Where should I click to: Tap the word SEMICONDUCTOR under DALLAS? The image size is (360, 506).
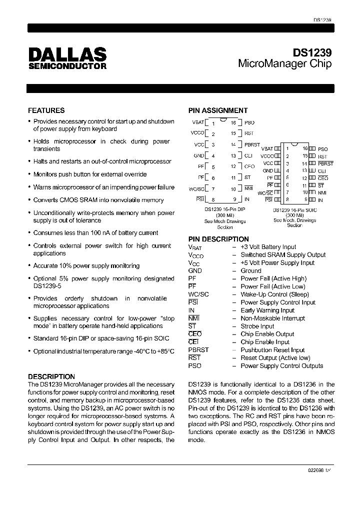click(x=67, y=65)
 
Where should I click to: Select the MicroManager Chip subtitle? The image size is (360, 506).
click(x=284, y=64)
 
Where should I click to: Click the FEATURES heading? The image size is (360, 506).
click(x=46, y=110)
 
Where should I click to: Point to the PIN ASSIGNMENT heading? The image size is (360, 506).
click(x=217, y=110)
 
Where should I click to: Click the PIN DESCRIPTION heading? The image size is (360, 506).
click(x=218, y=239)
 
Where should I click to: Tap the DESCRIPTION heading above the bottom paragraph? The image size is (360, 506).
click(x=51, y=376)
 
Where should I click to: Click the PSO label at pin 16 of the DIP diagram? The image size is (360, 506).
click(x=249, y=122)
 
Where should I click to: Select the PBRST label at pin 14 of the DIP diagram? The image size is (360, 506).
click(x=252, y=144)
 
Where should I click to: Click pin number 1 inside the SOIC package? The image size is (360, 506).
click(x=287, y=148)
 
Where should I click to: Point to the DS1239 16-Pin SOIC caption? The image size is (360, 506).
click(x=294, y=210)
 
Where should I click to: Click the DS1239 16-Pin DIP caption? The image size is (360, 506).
click(x=225, y=210)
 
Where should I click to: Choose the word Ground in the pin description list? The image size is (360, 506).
click(x=251, y=270)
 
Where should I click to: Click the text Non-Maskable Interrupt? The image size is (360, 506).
click(x=272, y=318)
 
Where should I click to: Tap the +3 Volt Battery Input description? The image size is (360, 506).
click(x=268, y=247)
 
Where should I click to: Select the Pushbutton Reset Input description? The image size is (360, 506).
click(x=272, y=350)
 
